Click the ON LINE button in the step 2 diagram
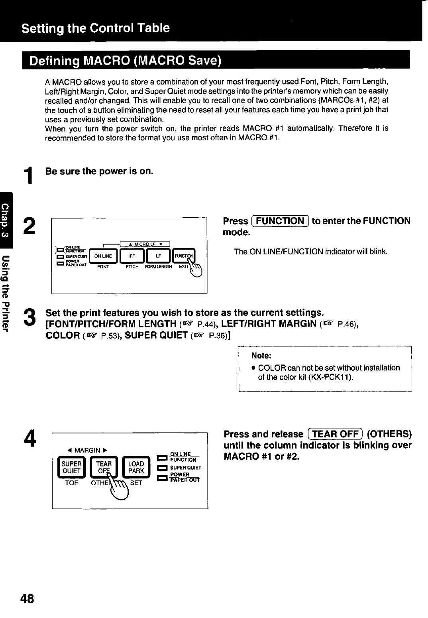point(103,256)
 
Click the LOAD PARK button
point(136,467)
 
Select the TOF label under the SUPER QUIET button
point(72,482)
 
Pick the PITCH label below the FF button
point(132,267)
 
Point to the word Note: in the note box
point(261,355)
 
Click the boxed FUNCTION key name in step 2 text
point(280,221)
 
